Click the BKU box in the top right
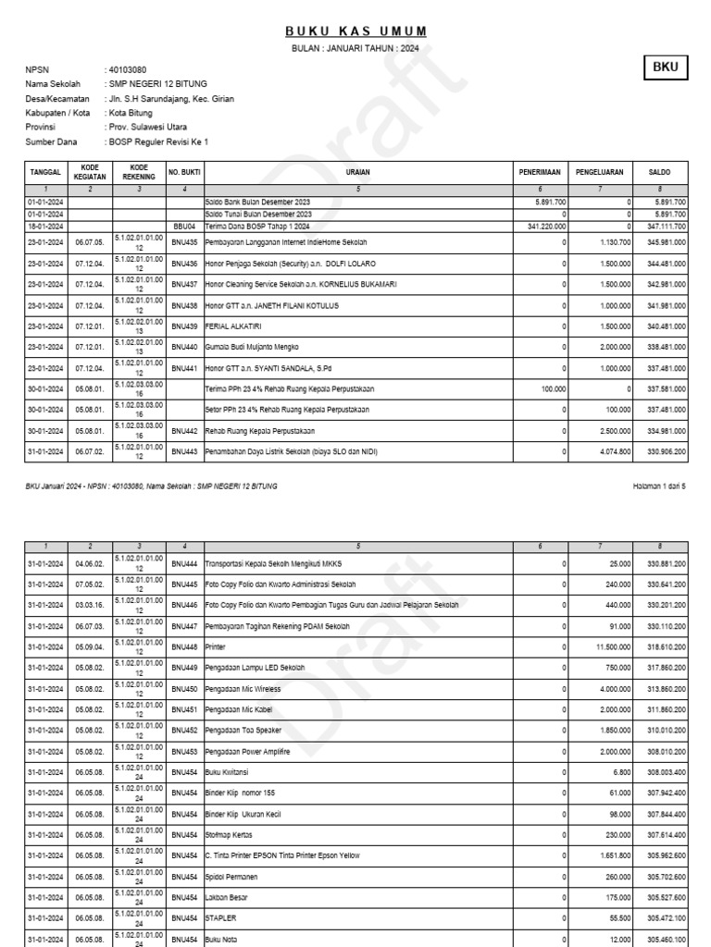(x=666, y=68)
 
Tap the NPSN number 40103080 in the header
(x=128, y=69)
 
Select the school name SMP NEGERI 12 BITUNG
(x=156, y=83)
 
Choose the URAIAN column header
(x=358, y=172)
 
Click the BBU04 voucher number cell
(x=184, y=226)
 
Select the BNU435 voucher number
(x=184, y=241)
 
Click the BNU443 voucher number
(x=184, y=451)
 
